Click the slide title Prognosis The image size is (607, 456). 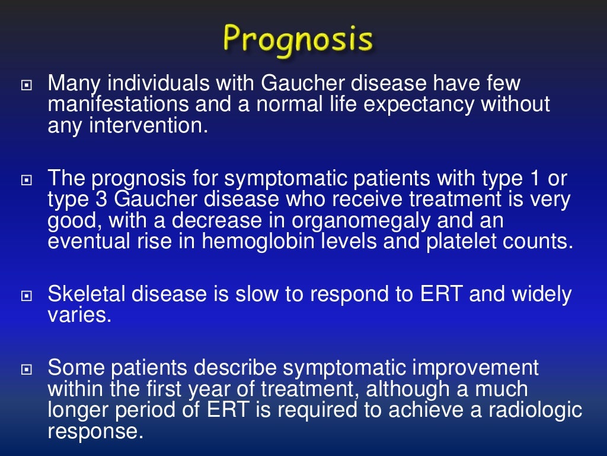(298, 40)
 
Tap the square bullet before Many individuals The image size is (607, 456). (25, 85)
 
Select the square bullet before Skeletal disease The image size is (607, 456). (25, 295)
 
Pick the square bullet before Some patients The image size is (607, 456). (25, 369)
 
